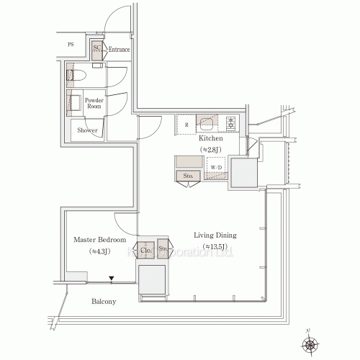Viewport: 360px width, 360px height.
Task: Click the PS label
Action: [x=71, y=45]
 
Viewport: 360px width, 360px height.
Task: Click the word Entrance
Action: [x=120, y=50]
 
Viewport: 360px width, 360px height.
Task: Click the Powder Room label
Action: [x=94, y=103]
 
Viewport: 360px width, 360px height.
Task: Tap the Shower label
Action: [x=88, y=130]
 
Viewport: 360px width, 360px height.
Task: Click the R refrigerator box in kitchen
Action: [x=186, y=124]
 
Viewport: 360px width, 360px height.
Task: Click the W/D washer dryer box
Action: [x=216, y=168]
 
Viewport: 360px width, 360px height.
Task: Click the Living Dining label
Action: [x=215, y=235]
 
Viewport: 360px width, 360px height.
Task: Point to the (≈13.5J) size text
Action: [x=215, y=247]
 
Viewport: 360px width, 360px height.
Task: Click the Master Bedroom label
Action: [x=100, y=239]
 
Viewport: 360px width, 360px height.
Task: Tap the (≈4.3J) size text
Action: [x=99, y=251]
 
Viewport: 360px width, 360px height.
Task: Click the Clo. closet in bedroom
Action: [x=145, y=250]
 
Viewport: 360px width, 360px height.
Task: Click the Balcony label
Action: [x=104, y=301]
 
